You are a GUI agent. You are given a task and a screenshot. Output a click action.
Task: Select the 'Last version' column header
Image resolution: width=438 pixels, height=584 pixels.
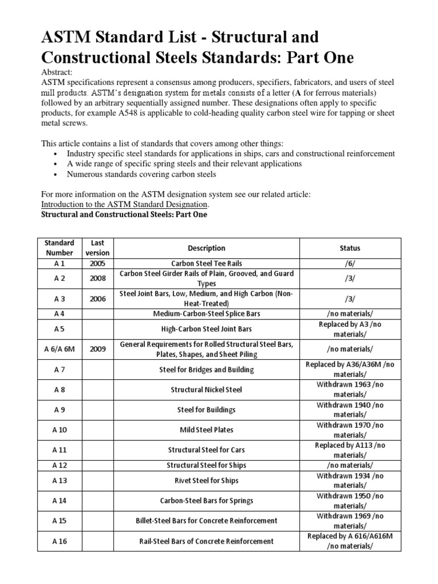(x=97, y=248)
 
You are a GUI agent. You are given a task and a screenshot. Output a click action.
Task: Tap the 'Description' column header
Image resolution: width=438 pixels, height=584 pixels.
(x=206, y=248)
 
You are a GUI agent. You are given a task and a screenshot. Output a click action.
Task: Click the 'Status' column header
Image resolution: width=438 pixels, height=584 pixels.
(x=350, y=248)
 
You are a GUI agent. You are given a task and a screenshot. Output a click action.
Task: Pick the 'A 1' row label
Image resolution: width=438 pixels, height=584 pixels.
(x=60, y=263)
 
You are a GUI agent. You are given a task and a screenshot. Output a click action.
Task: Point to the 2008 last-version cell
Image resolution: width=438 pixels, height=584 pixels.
(x=97, y=278)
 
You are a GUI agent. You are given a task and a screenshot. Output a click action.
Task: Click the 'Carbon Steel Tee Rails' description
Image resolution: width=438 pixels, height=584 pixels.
(x=206, y=263)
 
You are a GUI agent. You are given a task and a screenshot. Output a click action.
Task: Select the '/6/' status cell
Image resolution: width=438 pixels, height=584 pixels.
(x=350, y=263)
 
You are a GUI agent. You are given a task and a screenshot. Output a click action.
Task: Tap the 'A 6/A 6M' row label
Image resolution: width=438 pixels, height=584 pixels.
(x=60, y=349)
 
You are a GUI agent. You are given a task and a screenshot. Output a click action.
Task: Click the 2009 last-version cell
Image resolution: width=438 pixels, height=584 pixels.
(x=97, y=349)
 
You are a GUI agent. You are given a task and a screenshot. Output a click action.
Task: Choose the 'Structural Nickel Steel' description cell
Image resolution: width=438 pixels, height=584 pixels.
(x=206, y=390)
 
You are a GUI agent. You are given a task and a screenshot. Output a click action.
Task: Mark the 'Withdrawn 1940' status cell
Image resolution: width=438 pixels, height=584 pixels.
(x=350, y=409)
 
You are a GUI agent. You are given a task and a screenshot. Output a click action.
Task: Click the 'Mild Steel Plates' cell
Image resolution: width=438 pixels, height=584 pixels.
(x=206, y=429)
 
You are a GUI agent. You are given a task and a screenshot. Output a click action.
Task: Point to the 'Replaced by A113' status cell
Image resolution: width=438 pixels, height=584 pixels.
(x=350, y=449)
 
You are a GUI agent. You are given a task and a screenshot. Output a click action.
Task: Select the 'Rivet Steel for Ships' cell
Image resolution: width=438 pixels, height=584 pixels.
(x=206, y=480)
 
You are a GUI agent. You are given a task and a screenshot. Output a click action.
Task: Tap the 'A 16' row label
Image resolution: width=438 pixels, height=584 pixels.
(x=60, y=541)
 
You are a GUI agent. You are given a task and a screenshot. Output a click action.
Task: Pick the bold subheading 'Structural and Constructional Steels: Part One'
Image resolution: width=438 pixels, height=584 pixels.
(x=124, y=214)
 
